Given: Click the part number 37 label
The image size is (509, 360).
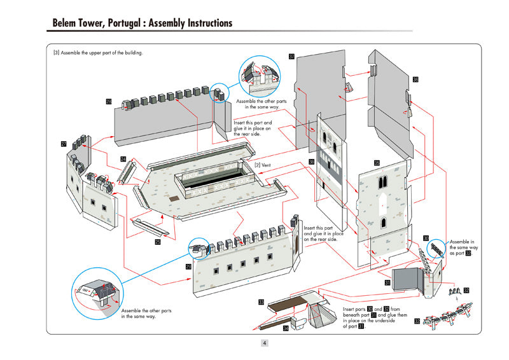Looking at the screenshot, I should (x=291, y=57).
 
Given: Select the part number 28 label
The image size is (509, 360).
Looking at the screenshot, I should (x=109, y=102).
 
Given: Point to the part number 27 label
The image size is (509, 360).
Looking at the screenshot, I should (x=64, y=144).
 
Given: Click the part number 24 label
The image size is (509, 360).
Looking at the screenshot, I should (x=123, y=159).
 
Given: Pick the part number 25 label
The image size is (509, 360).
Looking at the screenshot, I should (x=158, y=242).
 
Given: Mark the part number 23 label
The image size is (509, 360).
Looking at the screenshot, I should (x=188, y=267).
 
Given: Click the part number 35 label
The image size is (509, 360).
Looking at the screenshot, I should (x=377, y=163).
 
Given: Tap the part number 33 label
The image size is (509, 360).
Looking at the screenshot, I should (x=261, y=302).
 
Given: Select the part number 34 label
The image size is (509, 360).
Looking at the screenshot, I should (x=286, y=328).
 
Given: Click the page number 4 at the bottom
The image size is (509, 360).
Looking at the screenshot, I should (x=264, y=343).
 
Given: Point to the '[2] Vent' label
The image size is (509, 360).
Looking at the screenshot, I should (x=263, y=165).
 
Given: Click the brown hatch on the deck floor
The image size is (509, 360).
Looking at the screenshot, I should (x=174, y=198).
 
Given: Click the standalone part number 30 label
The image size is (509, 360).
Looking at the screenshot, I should (x=426, y=238).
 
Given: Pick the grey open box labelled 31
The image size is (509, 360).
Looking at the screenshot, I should (x=407, y=281).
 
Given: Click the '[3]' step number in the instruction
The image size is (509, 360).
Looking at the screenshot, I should (x=57, y=53).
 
